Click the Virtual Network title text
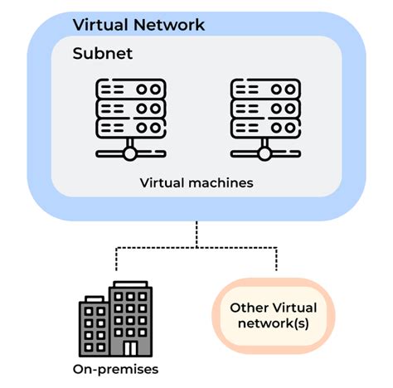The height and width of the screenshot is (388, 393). pyautogui.click(x=138, y=24)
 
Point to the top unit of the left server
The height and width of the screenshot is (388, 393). pyautogui.click(x=129, y=89)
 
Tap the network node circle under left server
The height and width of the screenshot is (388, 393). pyautogui.click(x=129, y=153)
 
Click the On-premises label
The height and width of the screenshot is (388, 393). pyautogui.click(x=114, y=370)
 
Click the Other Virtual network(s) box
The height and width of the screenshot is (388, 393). pyautogui.click(x=274, y=316)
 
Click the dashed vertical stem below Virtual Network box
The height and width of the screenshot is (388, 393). pyautogui.click(x=196, y=234)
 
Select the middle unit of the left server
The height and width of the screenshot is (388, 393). pyautogui.click(x=129, y=108)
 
